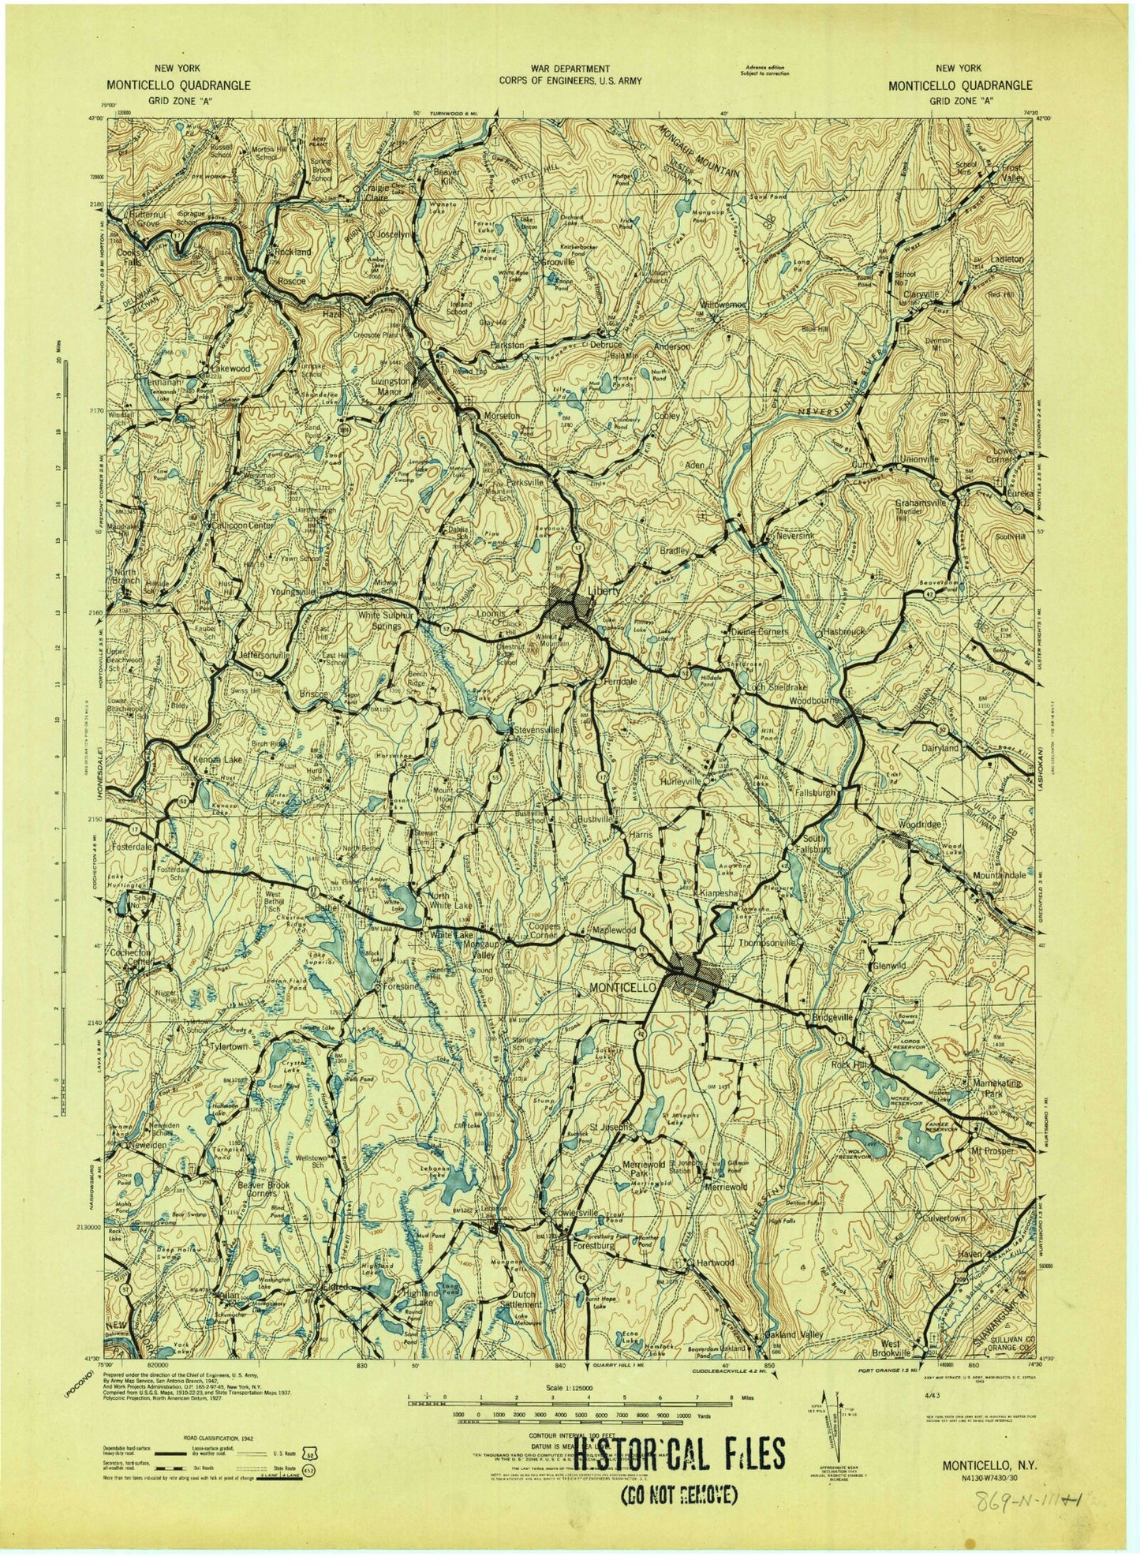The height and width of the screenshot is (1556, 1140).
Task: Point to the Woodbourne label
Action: tap(815, 700)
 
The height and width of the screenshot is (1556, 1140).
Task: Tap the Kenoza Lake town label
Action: tap(219, 759)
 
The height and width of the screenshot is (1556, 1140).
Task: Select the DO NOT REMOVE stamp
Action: tap(678, 1494)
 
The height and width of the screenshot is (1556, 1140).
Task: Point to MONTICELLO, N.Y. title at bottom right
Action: tap(990, 1463)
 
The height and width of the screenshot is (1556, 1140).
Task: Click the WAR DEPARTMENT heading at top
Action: tap(570, 69)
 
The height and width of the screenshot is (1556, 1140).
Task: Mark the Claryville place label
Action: tap(921, 294)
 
